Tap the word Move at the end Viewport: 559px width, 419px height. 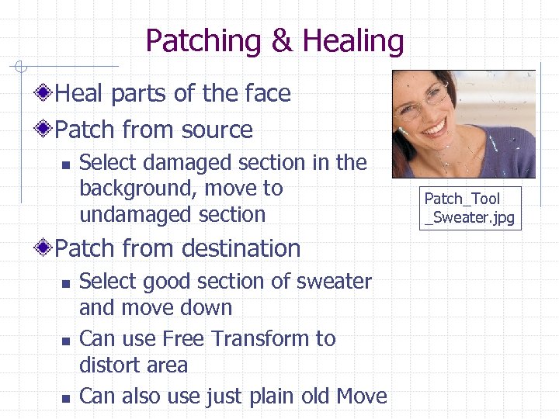coord(361,396)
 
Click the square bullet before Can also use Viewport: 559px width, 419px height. coord(65,397)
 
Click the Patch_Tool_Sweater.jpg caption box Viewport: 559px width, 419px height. coord(469,208)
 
